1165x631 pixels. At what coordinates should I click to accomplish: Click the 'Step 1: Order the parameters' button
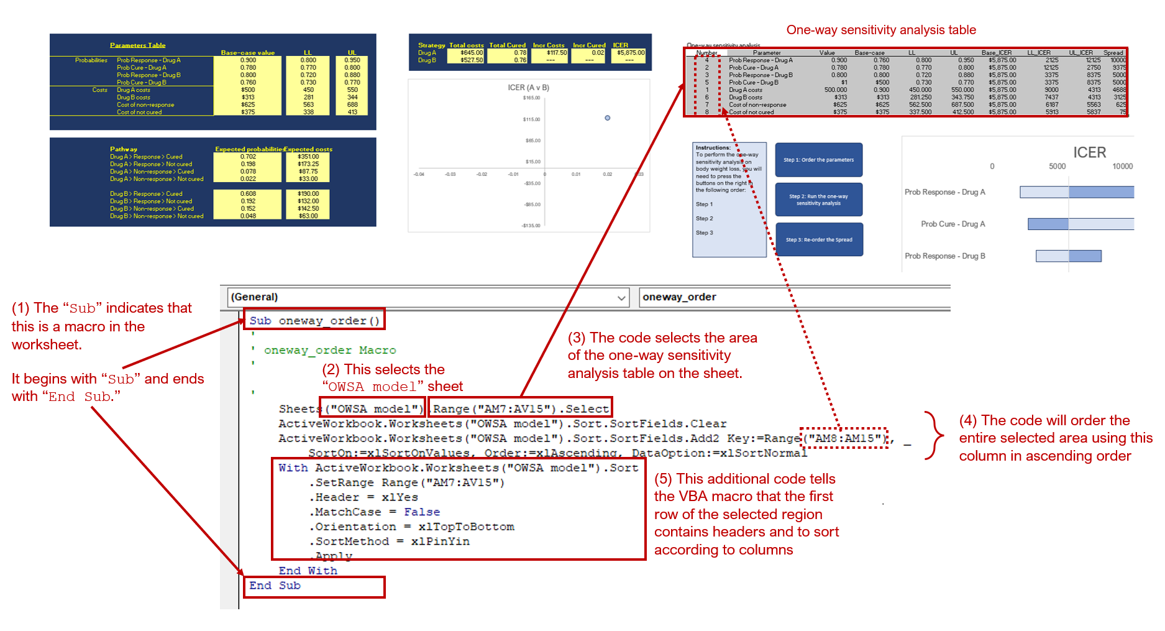pyautogui.click(x=818, y=160)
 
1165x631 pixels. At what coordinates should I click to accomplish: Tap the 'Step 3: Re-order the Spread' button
pyautogui.click(x=819, y=239)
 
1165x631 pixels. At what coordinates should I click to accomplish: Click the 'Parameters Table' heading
pyautogui.click(x=137, y=45)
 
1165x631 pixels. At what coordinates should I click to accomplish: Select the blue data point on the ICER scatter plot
pyautogui.click(x=607, y=117)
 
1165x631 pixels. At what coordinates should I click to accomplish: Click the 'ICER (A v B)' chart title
pyautogui.click(x=528, y=88)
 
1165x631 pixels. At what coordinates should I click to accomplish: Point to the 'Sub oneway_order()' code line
pyautogui.click(x=314, y=321)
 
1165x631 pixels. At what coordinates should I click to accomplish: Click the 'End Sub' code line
pyautogui.click(x=275, y=586)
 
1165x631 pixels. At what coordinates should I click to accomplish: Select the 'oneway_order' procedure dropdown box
pyautogui.click(x=794, y=297)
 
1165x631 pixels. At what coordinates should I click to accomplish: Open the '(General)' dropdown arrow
pyautogui.click(x=621, y=298)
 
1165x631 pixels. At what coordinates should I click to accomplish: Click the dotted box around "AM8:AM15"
pyautogui.click(x=843, y=438)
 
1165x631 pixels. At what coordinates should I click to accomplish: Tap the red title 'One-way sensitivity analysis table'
pyautogui.click(x=880, y=30)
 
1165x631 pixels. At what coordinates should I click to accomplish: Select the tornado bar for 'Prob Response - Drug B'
pyautogui.click(x=1068, y=256)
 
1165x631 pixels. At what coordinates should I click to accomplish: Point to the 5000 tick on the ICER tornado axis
pyautogui.click(x=1057, y=166)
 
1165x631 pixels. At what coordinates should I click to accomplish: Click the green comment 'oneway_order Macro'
pyautogui.click(x=330, y=350)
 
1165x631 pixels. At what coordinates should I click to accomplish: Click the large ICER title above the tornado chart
pyautogui.click(x=1089, y=152)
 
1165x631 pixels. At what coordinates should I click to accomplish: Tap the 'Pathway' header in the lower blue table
pyautogui.click(x=124, y=149)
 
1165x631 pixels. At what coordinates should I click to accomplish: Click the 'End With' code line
pyautogui.click(x=308, y=571)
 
